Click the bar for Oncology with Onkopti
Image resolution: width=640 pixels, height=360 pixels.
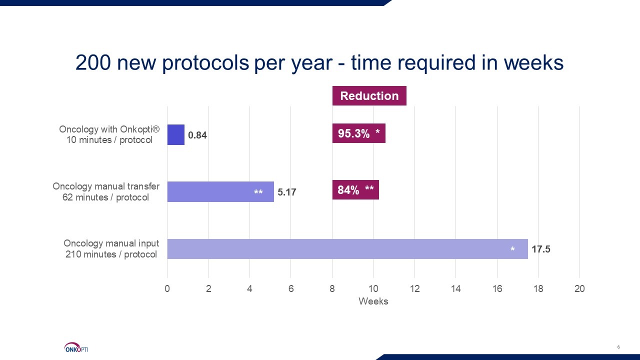[x=175, y=134]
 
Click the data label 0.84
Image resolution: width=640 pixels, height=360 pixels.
[x=197, y=135]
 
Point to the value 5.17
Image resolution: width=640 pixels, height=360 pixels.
[x=287, y=192]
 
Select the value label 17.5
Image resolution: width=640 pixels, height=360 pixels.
[x=541, y=249]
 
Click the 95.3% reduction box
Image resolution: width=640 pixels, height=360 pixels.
[x=358, y=133]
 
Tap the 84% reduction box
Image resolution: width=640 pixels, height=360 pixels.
[x=355, y=190]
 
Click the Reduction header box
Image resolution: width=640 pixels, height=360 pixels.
[x=369, y=95]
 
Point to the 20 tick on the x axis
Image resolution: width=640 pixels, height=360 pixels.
[x=579, y=289]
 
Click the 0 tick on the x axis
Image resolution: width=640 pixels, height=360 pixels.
[x=167, y=289]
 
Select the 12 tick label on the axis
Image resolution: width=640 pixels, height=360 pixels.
[x=414, y=289]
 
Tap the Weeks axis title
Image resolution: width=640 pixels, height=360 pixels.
[x=373, y=301]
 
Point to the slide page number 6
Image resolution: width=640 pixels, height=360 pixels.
[x=618, y=347]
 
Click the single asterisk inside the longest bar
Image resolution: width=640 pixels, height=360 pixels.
[x=512, y=249]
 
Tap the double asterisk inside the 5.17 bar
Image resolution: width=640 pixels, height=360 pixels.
[x=258, y=192]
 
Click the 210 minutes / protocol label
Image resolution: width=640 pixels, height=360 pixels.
[x=111, y=254]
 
